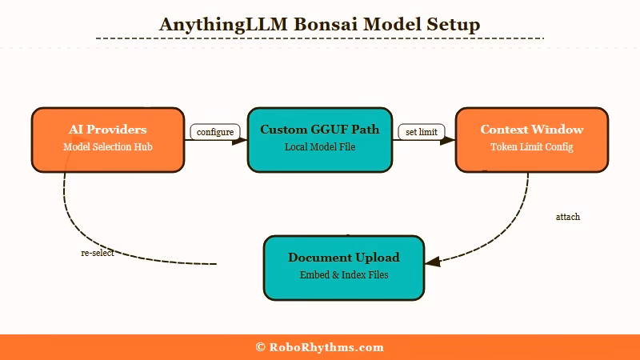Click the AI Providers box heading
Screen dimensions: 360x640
coord(108,130)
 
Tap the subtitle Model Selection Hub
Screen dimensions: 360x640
coord(108,147)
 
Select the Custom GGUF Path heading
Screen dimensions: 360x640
coord(320,130)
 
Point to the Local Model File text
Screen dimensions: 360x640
coord(320,147)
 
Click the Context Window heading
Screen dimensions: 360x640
coord(532,130)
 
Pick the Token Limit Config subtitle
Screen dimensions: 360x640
coord(532,147)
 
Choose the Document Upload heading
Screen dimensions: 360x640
coord(344,258)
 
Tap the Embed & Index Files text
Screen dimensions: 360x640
coord(344,275)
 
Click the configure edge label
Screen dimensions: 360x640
coord(215,132)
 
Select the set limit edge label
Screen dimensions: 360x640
coord(422,132)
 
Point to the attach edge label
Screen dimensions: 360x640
coord(568,217)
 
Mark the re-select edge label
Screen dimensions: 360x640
coord(97,253)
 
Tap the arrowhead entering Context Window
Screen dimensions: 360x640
coord(450,141)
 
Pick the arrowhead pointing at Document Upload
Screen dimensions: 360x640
coord(431,262)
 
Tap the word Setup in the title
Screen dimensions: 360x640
coord(454,24)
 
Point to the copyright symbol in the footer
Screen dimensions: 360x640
coord(261,347)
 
